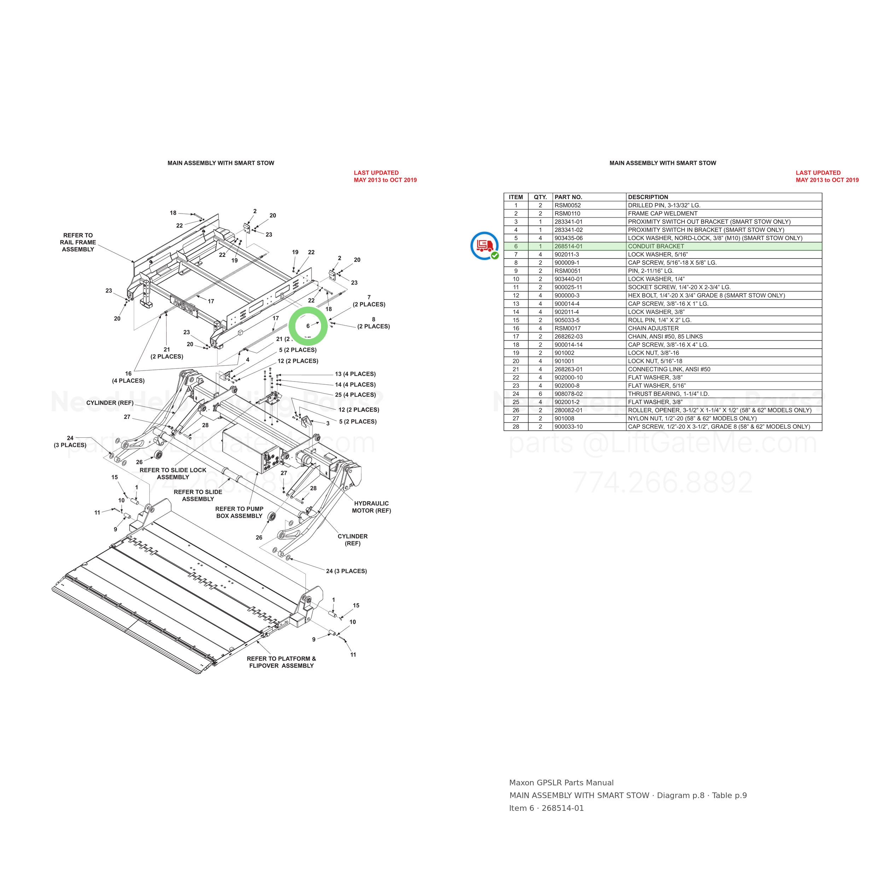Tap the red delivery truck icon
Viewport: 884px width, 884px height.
pos(484,245)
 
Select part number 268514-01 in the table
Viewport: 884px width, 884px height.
pos(568,246)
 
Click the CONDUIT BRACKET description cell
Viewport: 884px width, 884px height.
pos(656,246)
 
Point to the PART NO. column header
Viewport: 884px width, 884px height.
pos(568,197)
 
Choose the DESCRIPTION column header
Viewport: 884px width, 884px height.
pos(648,197)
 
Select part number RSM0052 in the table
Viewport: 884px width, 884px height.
pos(568,205)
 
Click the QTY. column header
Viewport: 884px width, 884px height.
pos(540,197)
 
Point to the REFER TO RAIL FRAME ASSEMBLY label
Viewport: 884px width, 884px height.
pos(78,242)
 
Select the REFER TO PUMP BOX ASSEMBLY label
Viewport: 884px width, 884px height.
pos(239,512)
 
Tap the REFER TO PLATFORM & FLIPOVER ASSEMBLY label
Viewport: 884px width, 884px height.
pos(281,662)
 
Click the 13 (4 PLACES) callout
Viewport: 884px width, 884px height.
pos(355,374)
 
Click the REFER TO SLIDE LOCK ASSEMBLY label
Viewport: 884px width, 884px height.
pos(173,473)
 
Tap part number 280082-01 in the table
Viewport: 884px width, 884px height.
pos(568,411)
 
